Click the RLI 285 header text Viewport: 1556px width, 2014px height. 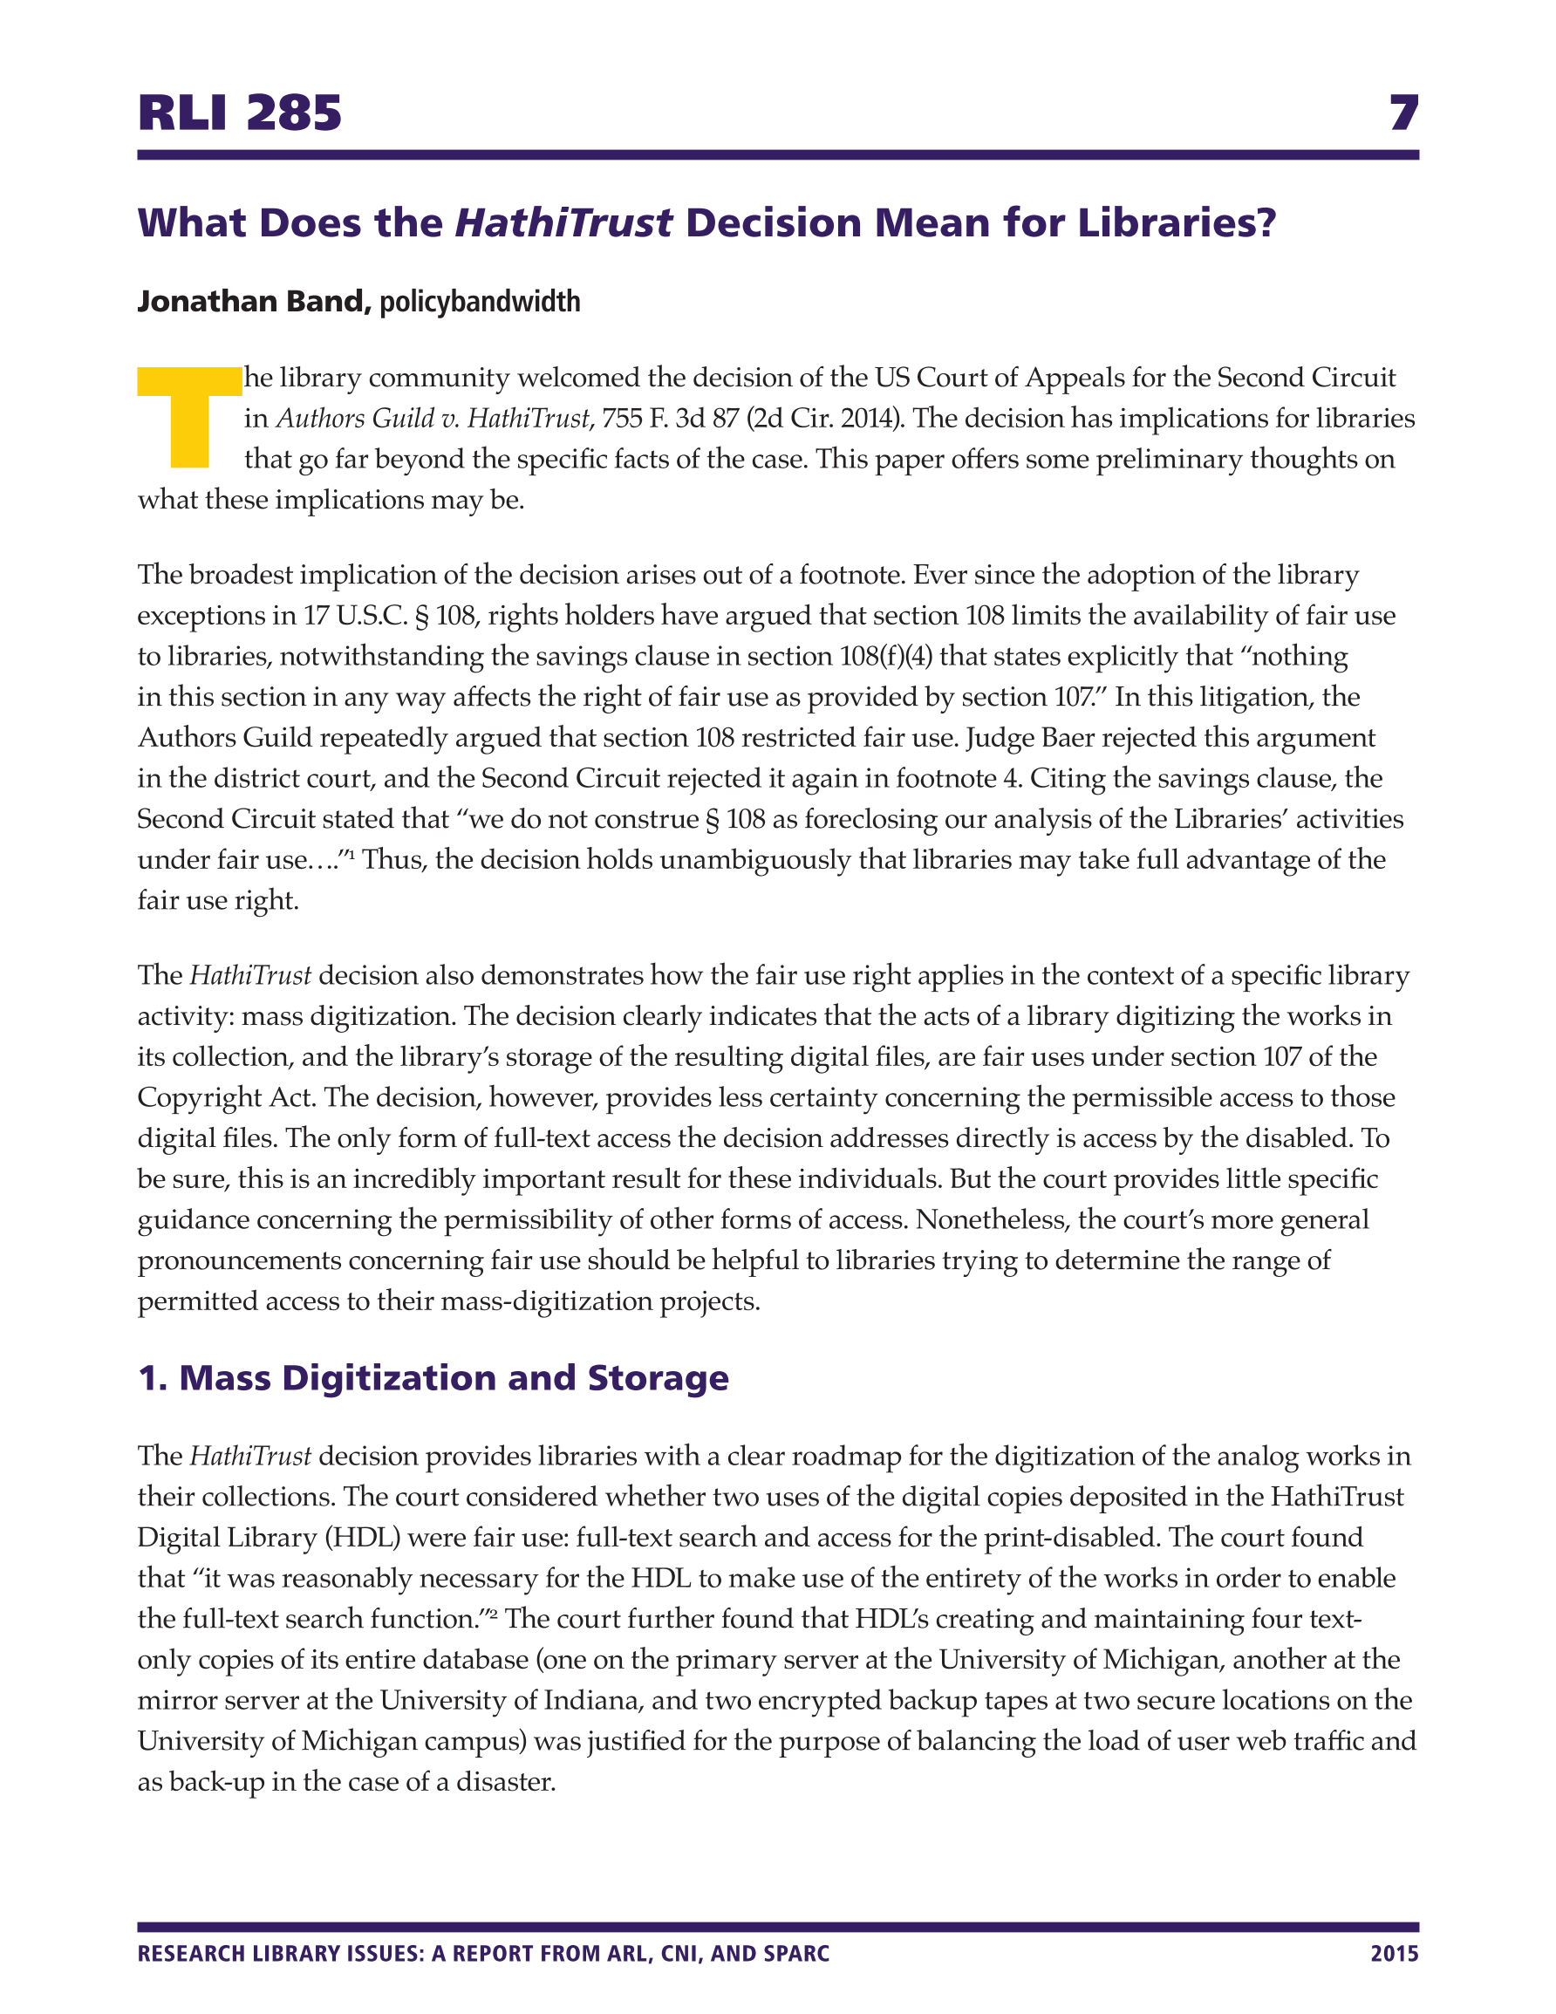coord(240,113)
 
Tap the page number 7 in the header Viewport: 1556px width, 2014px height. coord(1402,113)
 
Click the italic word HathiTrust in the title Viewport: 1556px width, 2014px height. coord(563,223)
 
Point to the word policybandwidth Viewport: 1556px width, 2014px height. coord(480,302)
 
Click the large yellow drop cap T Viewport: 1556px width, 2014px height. coord(189,417)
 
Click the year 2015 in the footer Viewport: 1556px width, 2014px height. coord(1394,1954)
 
